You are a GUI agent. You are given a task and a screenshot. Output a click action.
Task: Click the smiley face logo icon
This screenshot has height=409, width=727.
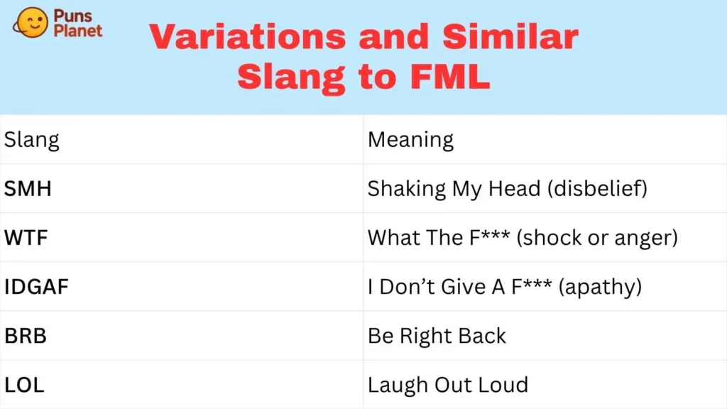[x=31, y=23]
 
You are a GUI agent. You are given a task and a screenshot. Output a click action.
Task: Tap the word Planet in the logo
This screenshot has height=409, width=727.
[x=78, y=31]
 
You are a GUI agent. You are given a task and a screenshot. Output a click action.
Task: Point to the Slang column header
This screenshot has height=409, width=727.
[x=32, y=139]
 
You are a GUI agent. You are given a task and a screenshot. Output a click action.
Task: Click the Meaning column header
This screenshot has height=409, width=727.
[x=410, y=139]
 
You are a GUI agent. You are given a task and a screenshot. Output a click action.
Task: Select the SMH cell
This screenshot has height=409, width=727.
[x=28, y=189]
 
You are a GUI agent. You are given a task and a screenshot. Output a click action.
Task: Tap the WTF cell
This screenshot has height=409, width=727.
[x=26, y=237]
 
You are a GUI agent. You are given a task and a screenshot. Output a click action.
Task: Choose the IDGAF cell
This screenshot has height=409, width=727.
[x=38, y=286]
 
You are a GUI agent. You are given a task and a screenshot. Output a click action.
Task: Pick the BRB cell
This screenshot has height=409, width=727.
[x=26, y=335]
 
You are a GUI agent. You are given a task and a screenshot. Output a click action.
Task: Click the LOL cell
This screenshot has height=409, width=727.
[x=24, y=385]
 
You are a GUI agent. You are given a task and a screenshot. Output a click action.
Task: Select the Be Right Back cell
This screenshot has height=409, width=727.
[x=437, y=335]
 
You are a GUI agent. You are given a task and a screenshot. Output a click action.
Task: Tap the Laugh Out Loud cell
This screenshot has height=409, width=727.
[x=447, y=385]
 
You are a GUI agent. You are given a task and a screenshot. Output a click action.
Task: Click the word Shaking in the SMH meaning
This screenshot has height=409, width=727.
[x=406, y=189]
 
